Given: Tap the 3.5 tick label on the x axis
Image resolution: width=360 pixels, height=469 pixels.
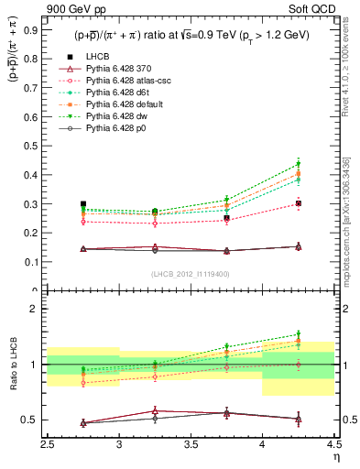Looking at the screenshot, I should (191, 445).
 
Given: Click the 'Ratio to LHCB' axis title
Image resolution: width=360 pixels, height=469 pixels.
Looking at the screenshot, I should (13, 365).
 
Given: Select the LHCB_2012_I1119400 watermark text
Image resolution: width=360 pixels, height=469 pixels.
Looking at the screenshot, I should (191, 274).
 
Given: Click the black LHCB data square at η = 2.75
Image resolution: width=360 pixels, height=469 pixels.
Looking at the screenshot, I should (83, 204).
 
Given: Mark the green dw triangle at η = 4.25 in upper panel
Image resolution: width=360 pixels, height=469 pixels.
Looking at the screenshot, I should (298, 165).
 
